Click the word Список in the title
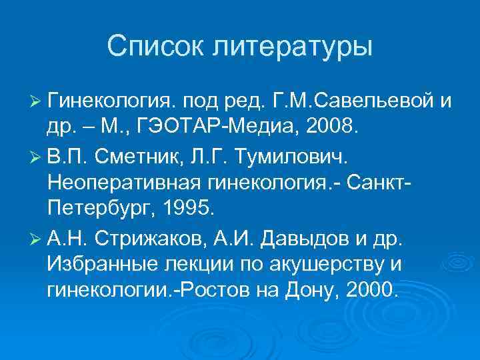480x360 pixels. click(x=157, y=47)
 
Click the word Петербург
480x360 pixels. click(x=97, y=207)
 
